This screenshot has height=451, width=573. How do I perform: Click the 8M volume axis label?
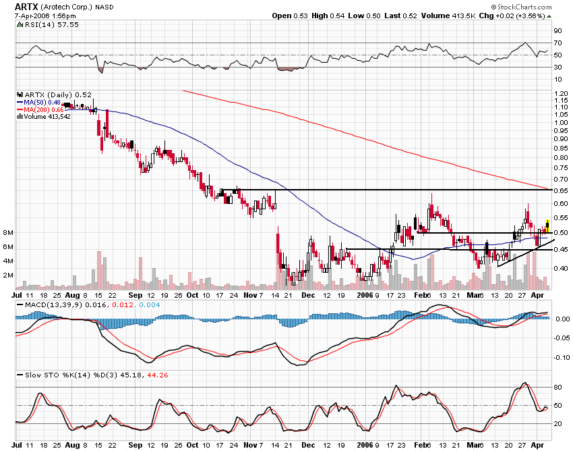[x=7, y=233]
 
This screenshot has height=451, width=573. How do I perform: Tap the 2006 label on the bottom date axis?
[x=365, y=294]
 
